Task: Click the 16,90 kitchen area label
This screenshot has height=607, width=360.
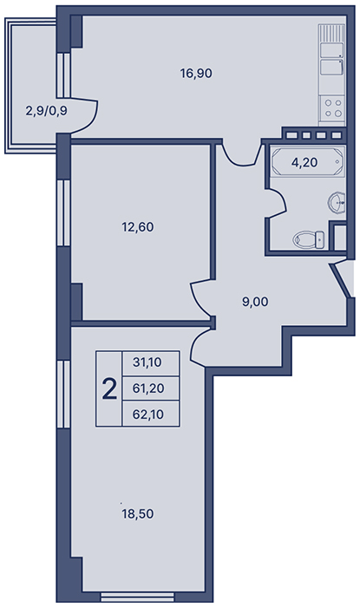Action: (x=196, y=73)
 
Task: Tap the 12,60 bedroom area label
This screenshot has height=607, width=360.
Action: (x=137, y=227)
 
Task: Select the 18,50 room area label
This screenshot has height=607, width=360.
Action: (x=137, y=514)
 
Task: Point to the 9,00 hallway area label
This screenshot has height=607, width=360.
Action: (x=255, y=302)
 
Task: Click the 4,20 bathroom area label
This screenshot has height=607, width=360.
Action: (x=304, y=163)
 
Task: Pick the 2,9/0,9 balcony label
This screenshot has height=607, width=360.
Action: (x=47, y=112)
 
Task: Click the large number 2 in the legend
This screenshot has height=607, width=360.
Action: (x=109, y=389)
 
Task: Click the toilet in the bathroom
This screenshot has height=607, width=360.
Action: (x=309, y=239)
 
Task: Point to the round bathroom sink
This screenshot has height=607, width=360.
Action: (x=337, y=202)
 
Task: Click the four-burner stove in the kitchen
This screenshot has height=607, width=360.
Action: (x=332, y=108)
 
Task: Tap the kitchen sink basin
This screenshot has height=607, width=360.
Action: (x=331, y=67)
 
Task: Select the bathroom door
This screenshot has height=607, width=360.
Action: (x=277, y=203)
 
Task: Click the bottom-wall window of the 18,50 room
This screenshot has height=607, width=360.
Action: (x=136, y=597)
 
